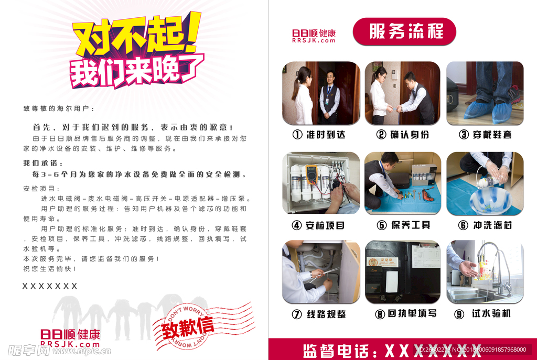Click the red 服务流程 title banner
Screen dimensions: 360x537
(x=404, y=31)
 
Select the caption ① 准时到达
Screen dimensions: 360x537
(x=319, y=135)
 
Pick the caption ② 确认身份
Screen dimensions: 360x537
(x=403, y=135)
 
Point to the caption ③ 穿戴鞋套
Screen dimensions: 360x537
(x=485, y=135)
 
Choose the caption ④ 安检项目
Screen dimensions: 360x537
(x=319, y=225)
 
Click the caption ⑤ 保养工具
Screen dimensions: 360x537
(x=403, y=225)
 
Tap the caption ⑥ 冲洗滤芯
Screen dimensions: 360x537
(x=485, y=225)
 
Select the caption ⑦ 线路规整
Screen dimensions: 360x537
(x=319, y=314)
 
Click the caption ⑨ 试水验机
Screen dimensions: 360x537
(x=485, y=314)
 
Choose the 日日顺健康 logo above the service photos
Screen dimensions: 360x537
(x=314, y=36)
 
